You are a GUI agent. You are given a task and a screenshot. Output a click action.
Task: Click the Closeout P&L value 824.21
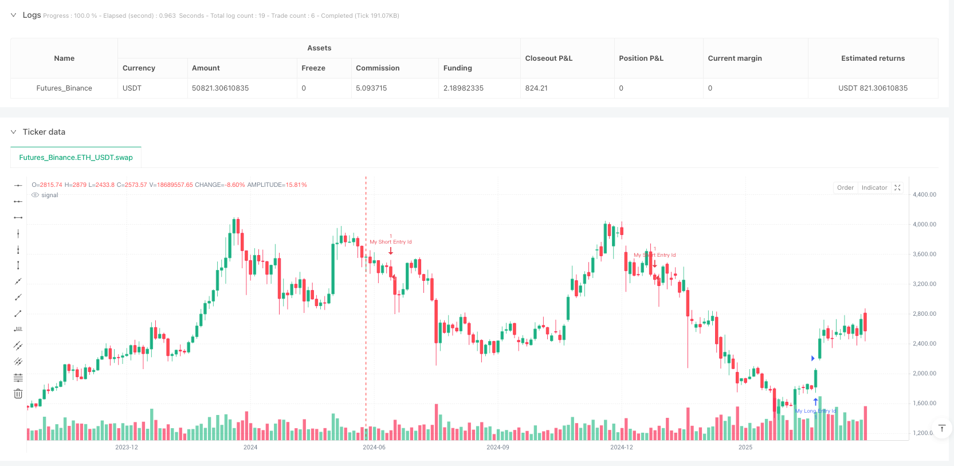(x=536, y=88)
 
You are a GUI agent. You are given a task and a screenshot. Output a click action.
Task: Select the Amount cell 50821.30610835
(x=220, y=88)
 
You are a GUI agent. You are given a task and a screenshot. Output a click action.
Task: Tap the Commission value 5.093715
(x=371, y=88)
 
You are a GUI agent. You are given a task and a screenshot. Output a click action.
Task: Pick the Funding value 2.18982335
(x=463, y=88)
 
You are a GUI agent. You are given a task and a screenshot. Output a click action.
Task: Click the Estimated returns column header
(x=873, y=58)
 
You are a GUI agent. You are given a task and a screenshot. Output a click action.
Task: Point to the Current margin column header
(x=735, y=58)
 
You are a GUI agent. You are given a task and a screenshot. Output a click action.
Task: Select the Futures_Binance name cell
(x=64, y=88)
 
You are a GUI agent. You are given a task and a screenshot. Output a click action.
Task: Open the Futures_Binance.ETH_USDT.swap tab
(x=76, y=158)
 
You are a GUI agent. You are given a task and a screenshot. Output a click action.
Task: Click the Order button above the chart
(x=845, y=188)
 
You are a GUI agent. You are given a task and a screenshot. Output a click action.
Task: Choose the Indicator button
(x=874, y=188)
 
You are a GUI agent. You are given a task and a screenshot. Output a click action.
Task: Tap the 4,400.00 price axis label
(x=924, y=195)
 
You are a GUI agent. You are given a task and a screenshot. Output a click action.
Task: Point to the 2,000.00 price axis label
(x=924, y=374)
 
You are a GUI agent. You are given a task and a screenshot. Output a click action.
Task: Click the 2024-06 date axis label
(x=374, y=447)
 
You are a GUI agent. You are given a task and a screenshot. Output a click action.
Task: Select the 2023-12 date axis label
(x=126, y=447)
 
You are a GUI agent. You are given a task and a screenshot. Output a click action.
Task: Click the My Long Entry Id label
(x=815, y=411)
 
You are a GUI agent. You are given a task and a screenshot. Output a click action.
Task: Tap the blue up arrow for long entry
(x=815, y=402)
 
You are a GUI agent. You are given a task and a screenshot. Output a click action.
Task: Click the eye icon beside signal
(x=35, y=195)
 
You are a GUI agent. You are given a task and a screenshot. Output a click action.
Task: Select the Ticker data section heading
(x=44, y=132)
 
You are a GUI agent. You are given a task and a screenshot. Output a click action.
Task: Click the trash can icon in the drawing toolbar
(x=18, y=394)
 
